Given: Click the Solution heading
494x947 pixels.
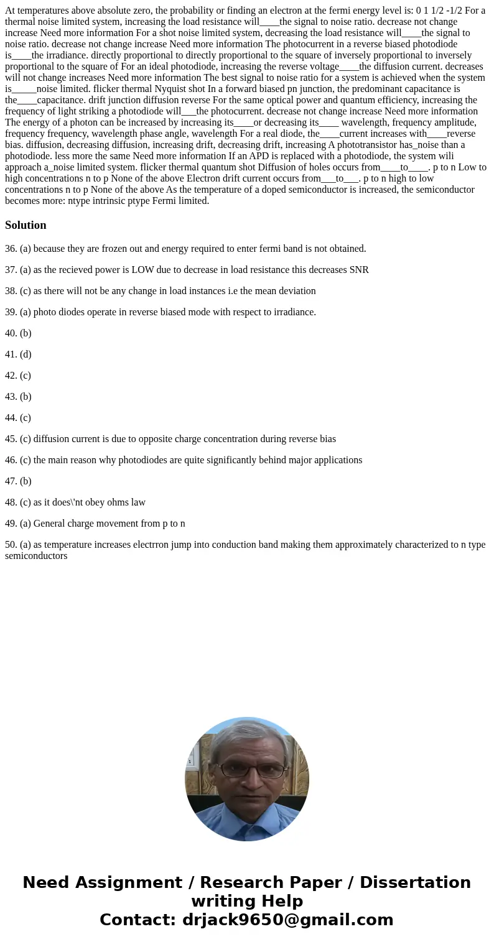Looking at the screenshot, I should (26, 225).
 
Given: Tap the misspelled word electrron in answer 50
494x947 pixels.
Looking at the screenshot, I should (152, 545).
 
